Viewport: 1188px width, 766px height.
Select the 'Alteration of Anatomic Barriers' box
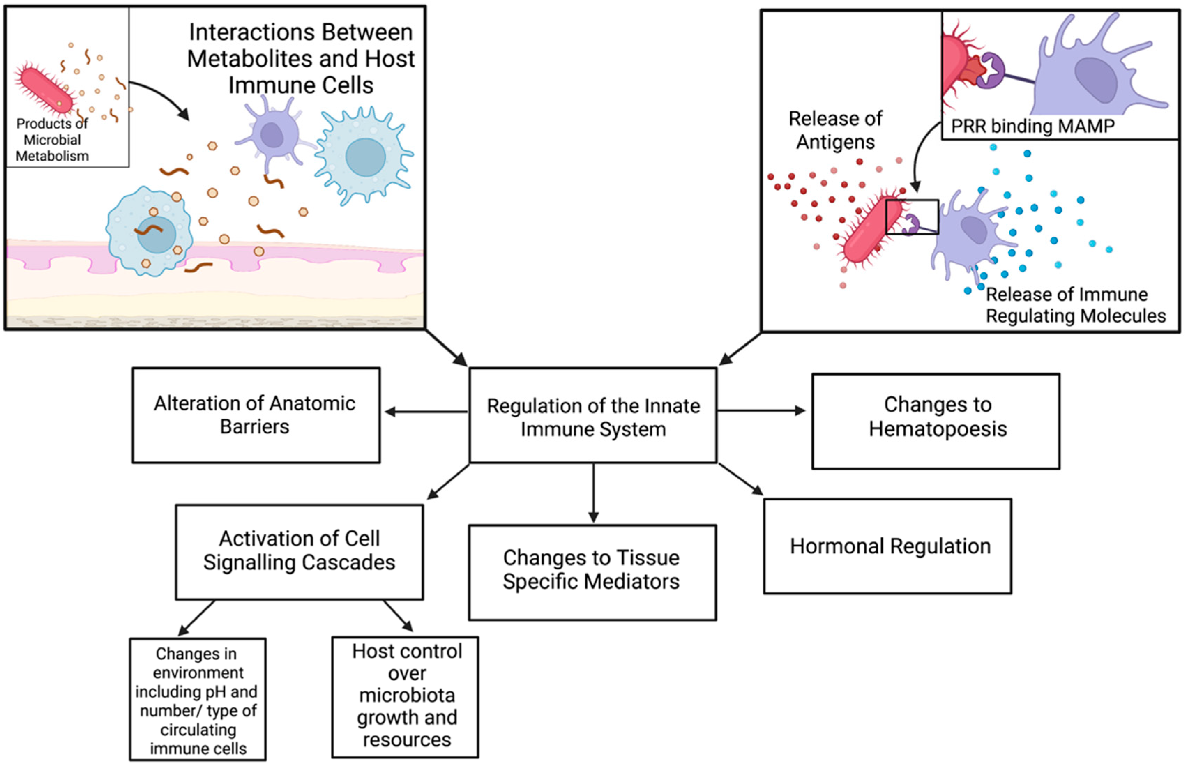pos(256,415)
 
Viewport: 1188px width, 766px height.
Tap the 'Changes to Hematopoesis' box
pos(936,421)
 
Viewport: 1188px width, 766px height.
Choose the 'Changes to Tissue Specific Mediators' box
pos(592,572)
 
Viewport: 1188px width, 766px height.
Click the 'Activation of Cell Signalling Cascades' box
pos(300,552)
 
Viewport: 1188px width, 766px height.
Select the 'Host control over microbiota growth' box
pos(406,697)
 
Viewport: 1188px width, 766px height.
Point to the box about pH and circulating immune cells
pos(198,699)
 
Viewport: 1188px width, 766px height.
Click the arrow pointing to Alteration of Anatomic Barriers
pos(426,412)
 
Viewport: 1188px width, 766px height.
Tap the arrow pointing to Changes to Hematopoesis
pos(762,410)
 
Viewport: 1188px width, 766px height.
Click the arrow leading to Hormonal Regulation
pos(741,479)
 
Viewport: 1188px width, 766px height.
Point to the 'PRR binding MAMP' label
pos(1033,126)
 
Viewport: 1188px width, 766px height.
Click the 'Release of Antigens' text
pos(836,130)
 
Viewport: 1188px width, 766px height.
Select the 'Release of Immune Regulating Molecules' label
pos(1076,305)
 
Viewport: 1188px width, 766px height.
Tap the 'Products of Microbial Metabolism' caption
pos(52,140)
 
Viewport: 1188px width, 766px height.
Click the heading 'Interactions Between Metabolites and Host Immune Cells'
pos(301,59)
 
